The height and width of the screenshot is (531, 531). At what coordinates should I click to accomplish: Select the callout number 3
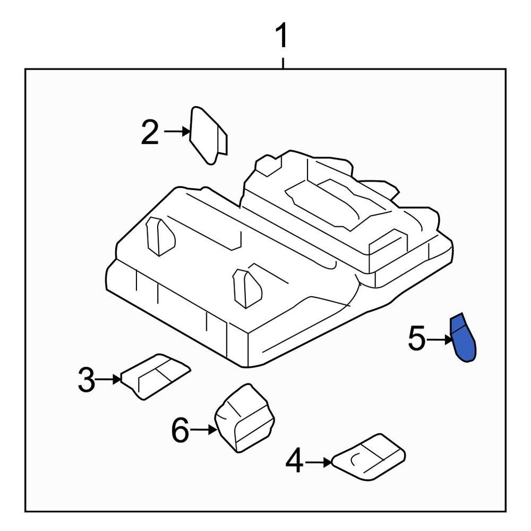87,380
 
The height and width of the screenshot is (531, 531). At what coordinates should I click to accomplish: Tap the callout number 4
294,461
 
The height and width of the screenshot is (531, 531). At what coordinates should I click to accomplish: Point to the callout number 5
417,339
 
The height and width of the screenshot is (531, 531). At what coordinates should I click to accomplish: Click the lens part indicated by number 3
154,375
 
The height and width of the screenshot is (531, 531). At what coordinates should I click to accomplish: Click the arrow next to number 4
319,463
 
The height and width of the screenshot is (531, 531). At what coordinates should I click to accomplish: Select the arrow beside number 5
440,339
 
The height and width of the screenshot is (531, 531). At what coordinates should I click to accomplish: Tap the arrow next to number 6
204,430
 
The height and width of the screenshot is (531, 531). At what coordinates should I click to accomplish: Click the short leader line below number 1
283,63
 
